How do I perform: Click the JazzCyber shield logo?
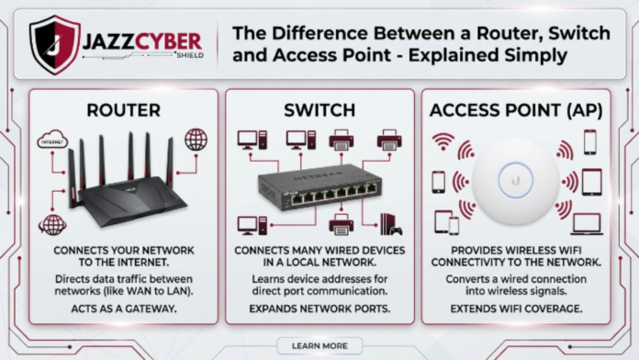click(54, 43)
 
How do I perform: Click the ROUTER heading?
click(123, 110)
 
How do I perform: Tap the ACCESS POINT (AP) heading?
click(517, 110)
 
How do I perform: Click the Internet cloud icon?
click(52, 141)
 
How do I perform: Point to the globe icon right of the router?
click(196, 140)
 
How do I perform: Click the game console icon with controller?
click(389, 223)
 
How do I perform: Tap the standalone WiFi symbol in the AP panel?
click(443, 141)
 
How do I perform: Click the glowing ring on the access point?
click(517, 180)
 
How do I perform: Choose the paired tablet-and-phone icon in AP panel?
click(446, 222)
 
